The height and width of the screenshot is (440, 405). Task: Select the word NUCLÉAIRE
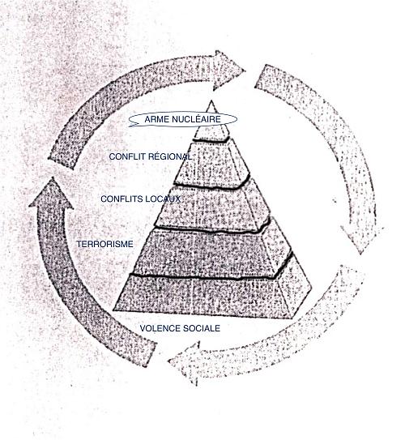196,119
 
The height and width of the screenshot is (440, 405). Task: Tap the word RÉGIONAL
170,156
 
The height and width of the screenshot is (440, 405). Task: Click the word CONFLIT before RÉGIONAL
127,156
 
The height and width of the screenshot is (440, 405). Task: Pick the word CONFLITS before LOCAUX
120,199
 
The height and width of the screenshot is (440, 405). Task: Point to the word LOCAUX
160,199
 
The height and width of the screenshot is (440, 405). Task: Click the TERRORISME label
105,244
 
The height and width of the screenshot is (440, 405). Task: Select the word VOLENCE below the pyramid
159,328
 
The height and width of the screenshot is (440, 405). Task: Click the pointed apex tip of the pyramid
211,101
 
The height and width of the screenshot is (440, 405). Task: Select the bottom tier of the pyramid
213,295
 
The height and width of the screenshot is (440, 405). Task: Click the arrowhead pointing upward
52,194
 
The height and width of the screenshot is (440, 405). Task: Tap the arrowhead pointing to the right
228,70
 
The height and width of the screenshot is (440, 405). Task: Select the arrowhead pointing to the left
185,363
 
